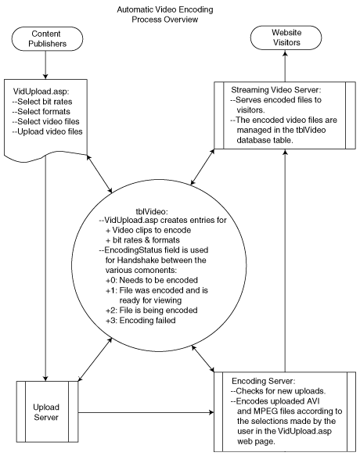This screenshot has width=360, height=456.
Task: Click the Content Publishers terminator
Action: coord(47,38)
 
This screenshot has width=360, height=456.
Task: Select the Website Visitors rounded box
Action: coord(286,38)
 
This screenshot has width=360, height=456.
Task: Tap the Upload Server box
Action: coord(47,411)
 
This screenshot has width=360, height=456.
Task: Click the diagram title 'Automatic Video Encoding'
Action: coord(165,9)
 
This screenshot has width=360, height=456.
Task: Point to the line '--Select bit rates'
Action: coord(42,102)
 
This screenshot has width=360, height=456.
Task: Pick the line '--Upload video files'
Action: coord(48,131)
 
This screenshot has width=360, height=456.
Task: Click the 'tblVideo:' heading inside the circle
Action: coord(152,211)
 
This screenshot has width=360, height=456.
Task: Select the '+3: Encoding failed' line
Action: coord(141,321)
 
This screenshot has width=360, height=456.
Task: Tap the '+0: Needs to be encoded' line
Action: coord(152,280)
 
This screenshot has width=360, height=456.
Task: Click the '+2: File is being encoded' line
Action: coord(151,311)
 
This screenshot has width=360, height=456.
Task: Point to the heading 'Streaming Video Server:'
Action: coord(276,90)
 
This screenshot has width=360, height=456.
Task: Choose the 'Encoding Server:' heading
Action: coord(264,381)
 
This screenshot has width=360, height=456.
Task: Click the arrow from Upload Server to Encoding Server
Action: coord(146,412)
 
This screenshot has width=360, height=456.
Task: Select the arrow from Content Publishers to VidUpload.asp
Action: coord(45,65)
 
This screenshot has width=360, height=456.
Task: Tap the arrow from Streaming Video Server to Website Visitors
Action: coord(285,66)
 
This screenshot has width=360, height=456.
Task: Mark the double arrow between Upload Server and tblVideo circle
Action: coord(95,359)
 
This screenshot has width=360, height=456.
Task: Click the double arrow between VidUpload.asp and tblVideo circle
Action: coord(99,174)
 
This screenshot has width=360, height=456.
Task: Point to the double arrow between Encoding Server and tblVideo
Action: coord(203,358)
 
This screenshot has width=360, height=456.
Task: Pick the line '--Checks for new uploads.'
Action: coord(279,391)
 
